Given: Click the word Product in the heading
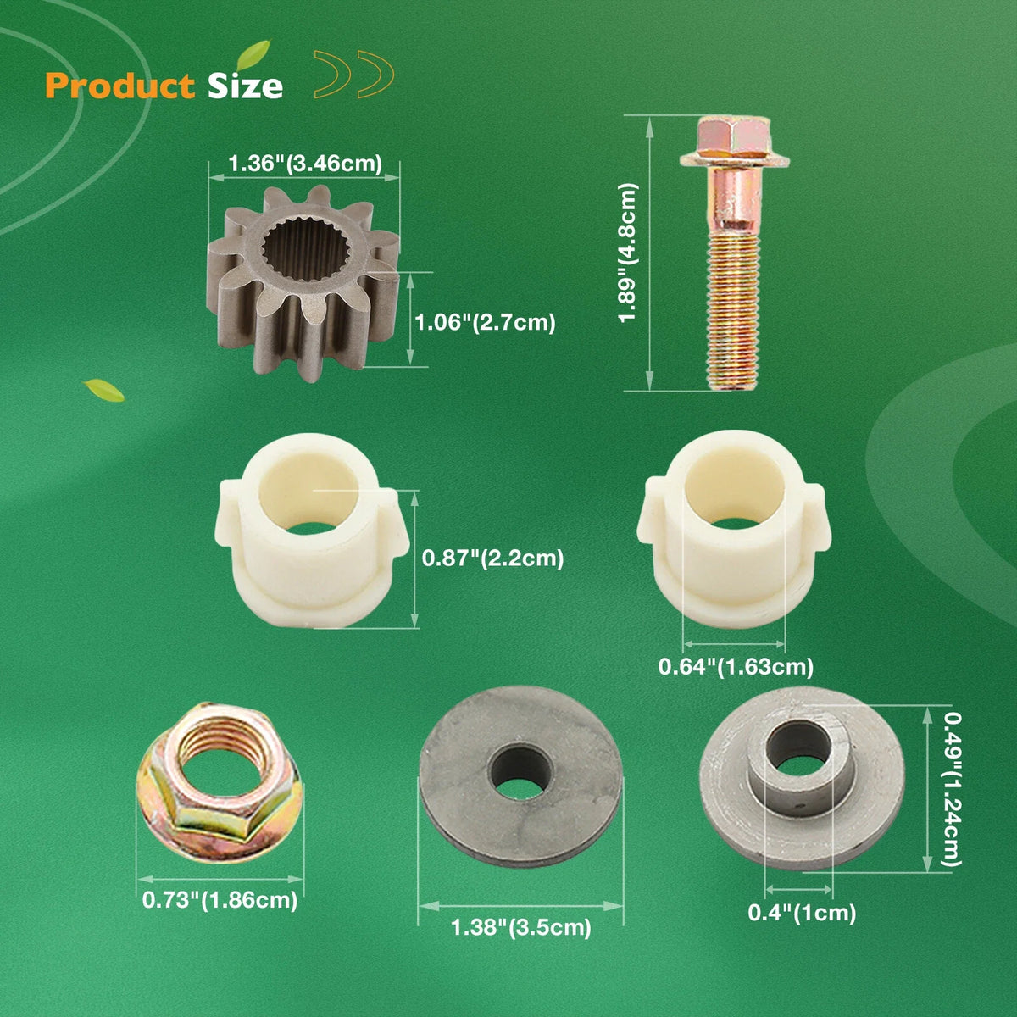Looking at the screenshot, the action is tap(120, 86).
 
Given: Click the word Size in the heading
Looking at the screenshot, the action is tap(246, 86).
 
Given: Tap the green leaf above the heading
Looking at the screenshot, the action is tap(253, 54).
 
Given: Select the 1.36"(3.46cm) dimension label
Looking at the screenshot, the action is tap(305, 164).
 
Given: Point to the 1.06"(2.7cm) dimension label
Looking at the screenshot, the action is tap(485, 322).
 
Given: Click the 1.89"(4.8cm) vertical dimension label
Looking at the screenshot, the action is tap(629, 253).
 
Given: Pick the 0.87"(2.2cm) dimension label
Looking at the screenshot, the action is tap(493, 558).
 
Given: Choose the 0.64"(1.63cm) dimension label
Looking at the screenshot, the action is tap(736, 667).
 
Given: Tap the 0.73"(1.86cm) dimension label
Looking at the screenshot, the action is tap(220, 900).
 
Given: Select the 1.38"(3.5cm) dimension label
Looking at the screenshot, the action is tap(521, 927).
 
